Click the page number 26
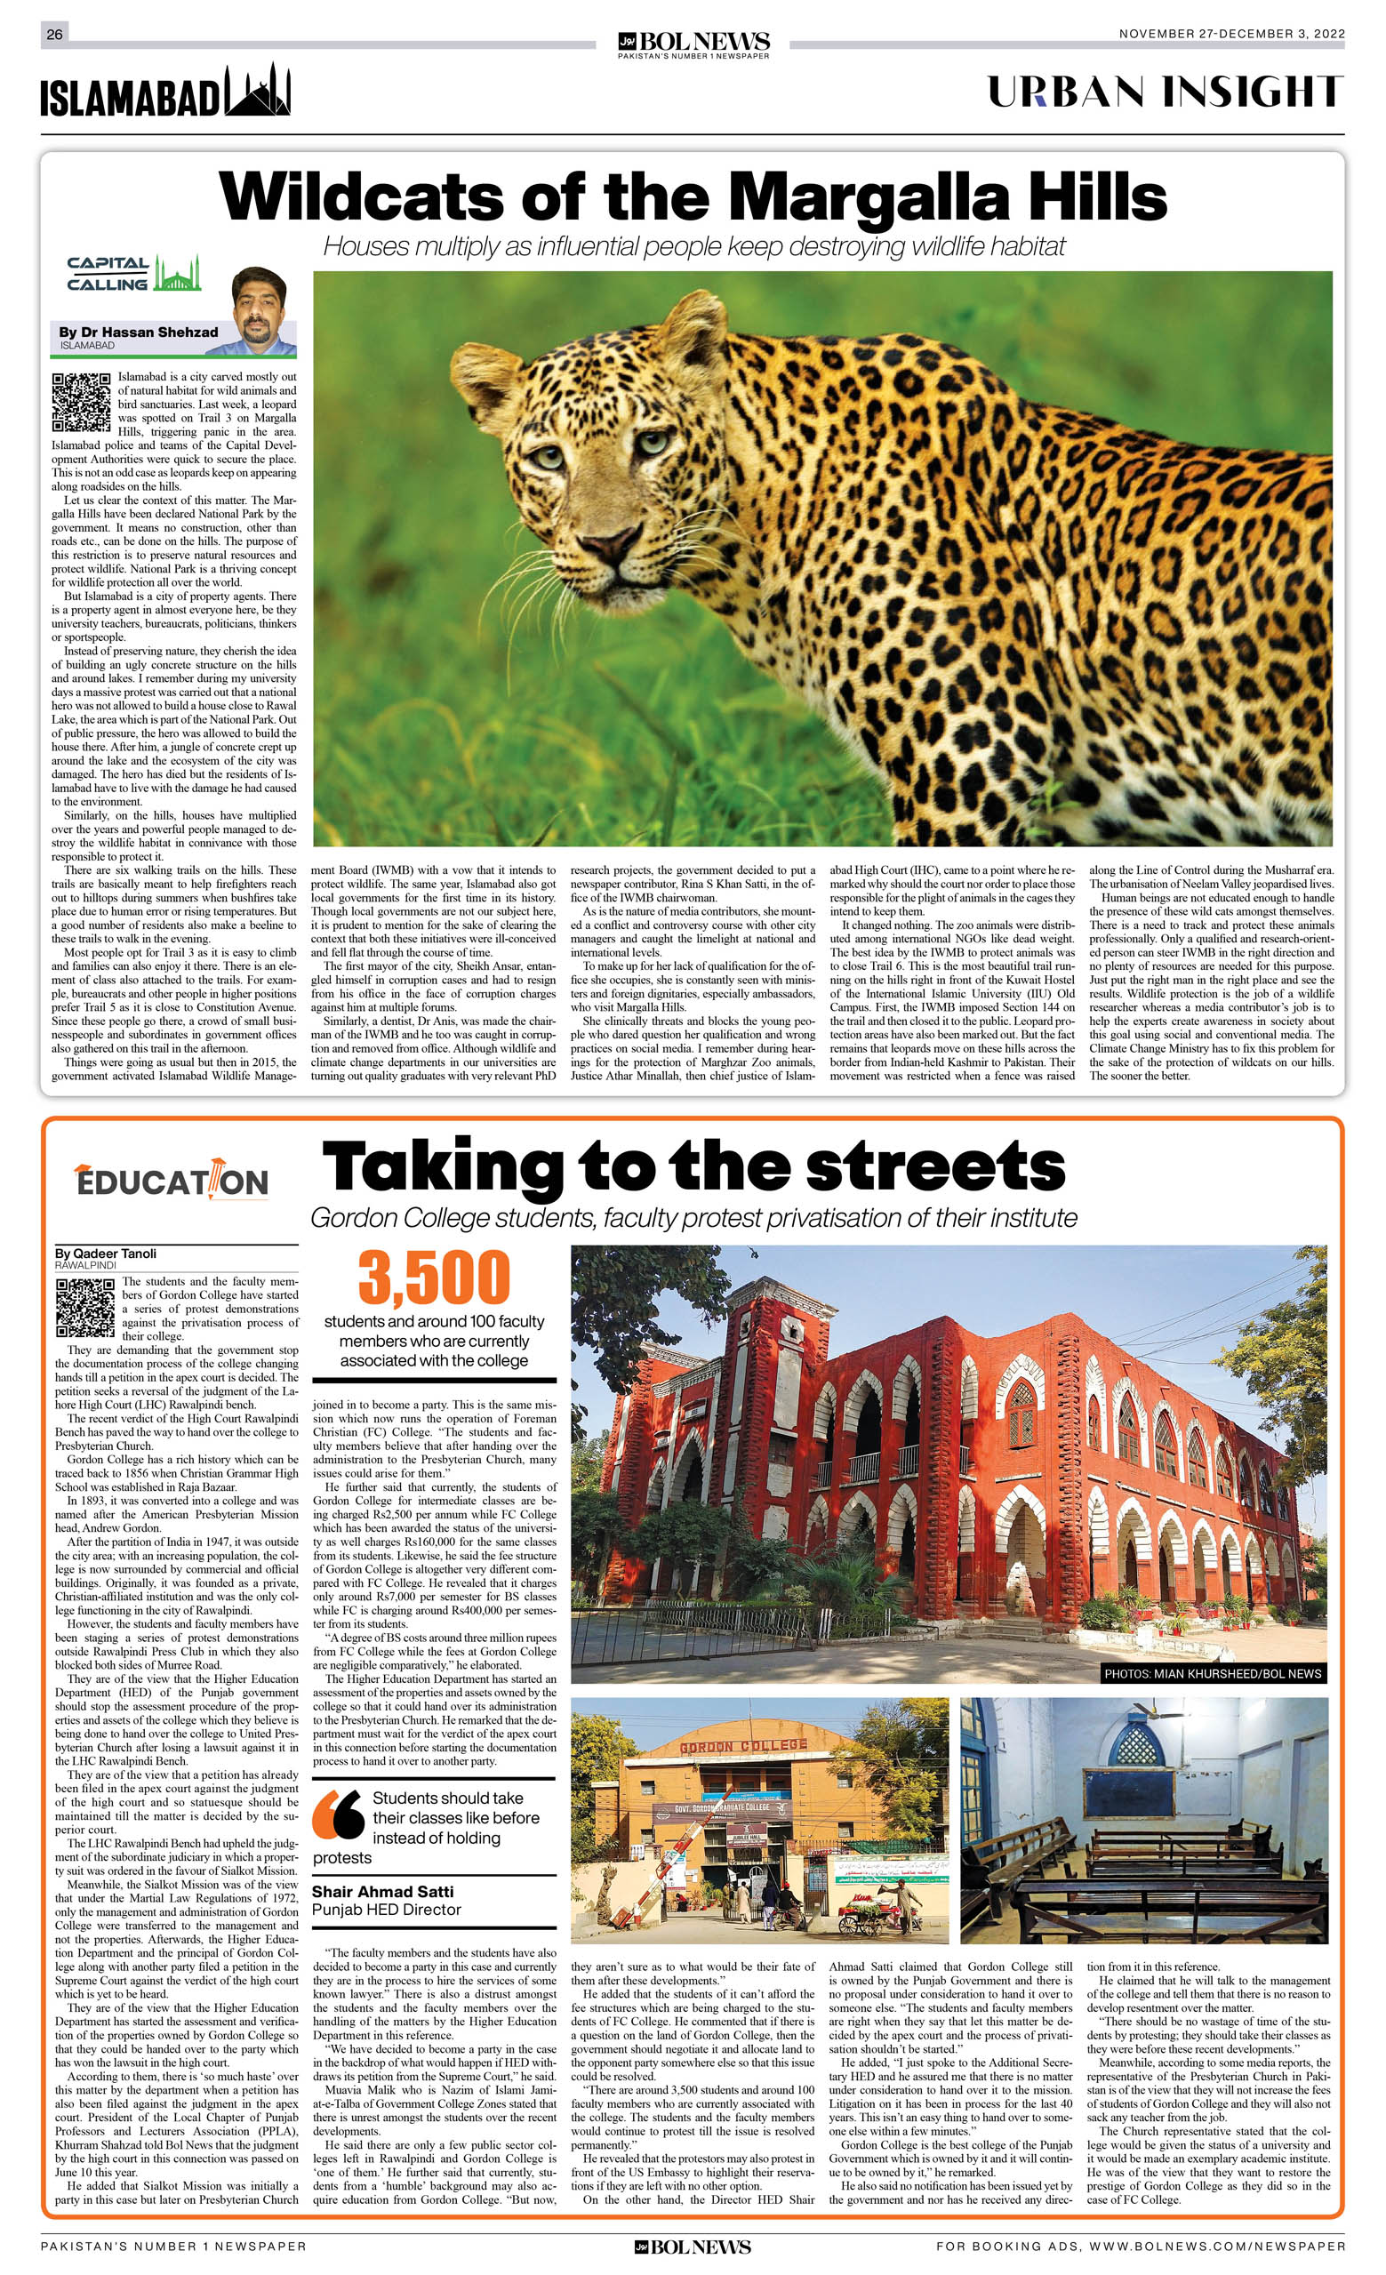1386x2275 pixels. point(54,34)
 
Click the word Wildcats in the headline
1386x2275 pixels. point(362,197)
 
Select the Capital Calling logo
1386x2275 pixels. point(132,274)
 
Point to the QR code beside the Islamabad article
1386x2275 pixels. point(81,402)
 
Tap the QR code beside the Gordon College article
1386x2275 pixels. point(85,1308)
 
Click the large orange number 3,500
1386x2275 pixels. point(434,1278)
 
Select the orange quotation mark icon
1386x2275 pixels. point(338,1814)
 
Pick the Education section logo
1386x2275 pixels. point(172,1180)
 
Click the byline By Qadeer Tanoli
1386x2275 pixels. point(105,1254)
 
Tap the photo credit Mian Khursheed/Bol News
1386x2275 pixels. point(1213,1673)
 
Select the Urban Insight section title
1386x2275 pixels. point(1166,92)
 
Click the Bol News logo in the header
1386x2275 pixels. point(693,42)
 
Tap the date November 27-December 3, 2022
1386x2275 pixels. point(1231,34)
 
